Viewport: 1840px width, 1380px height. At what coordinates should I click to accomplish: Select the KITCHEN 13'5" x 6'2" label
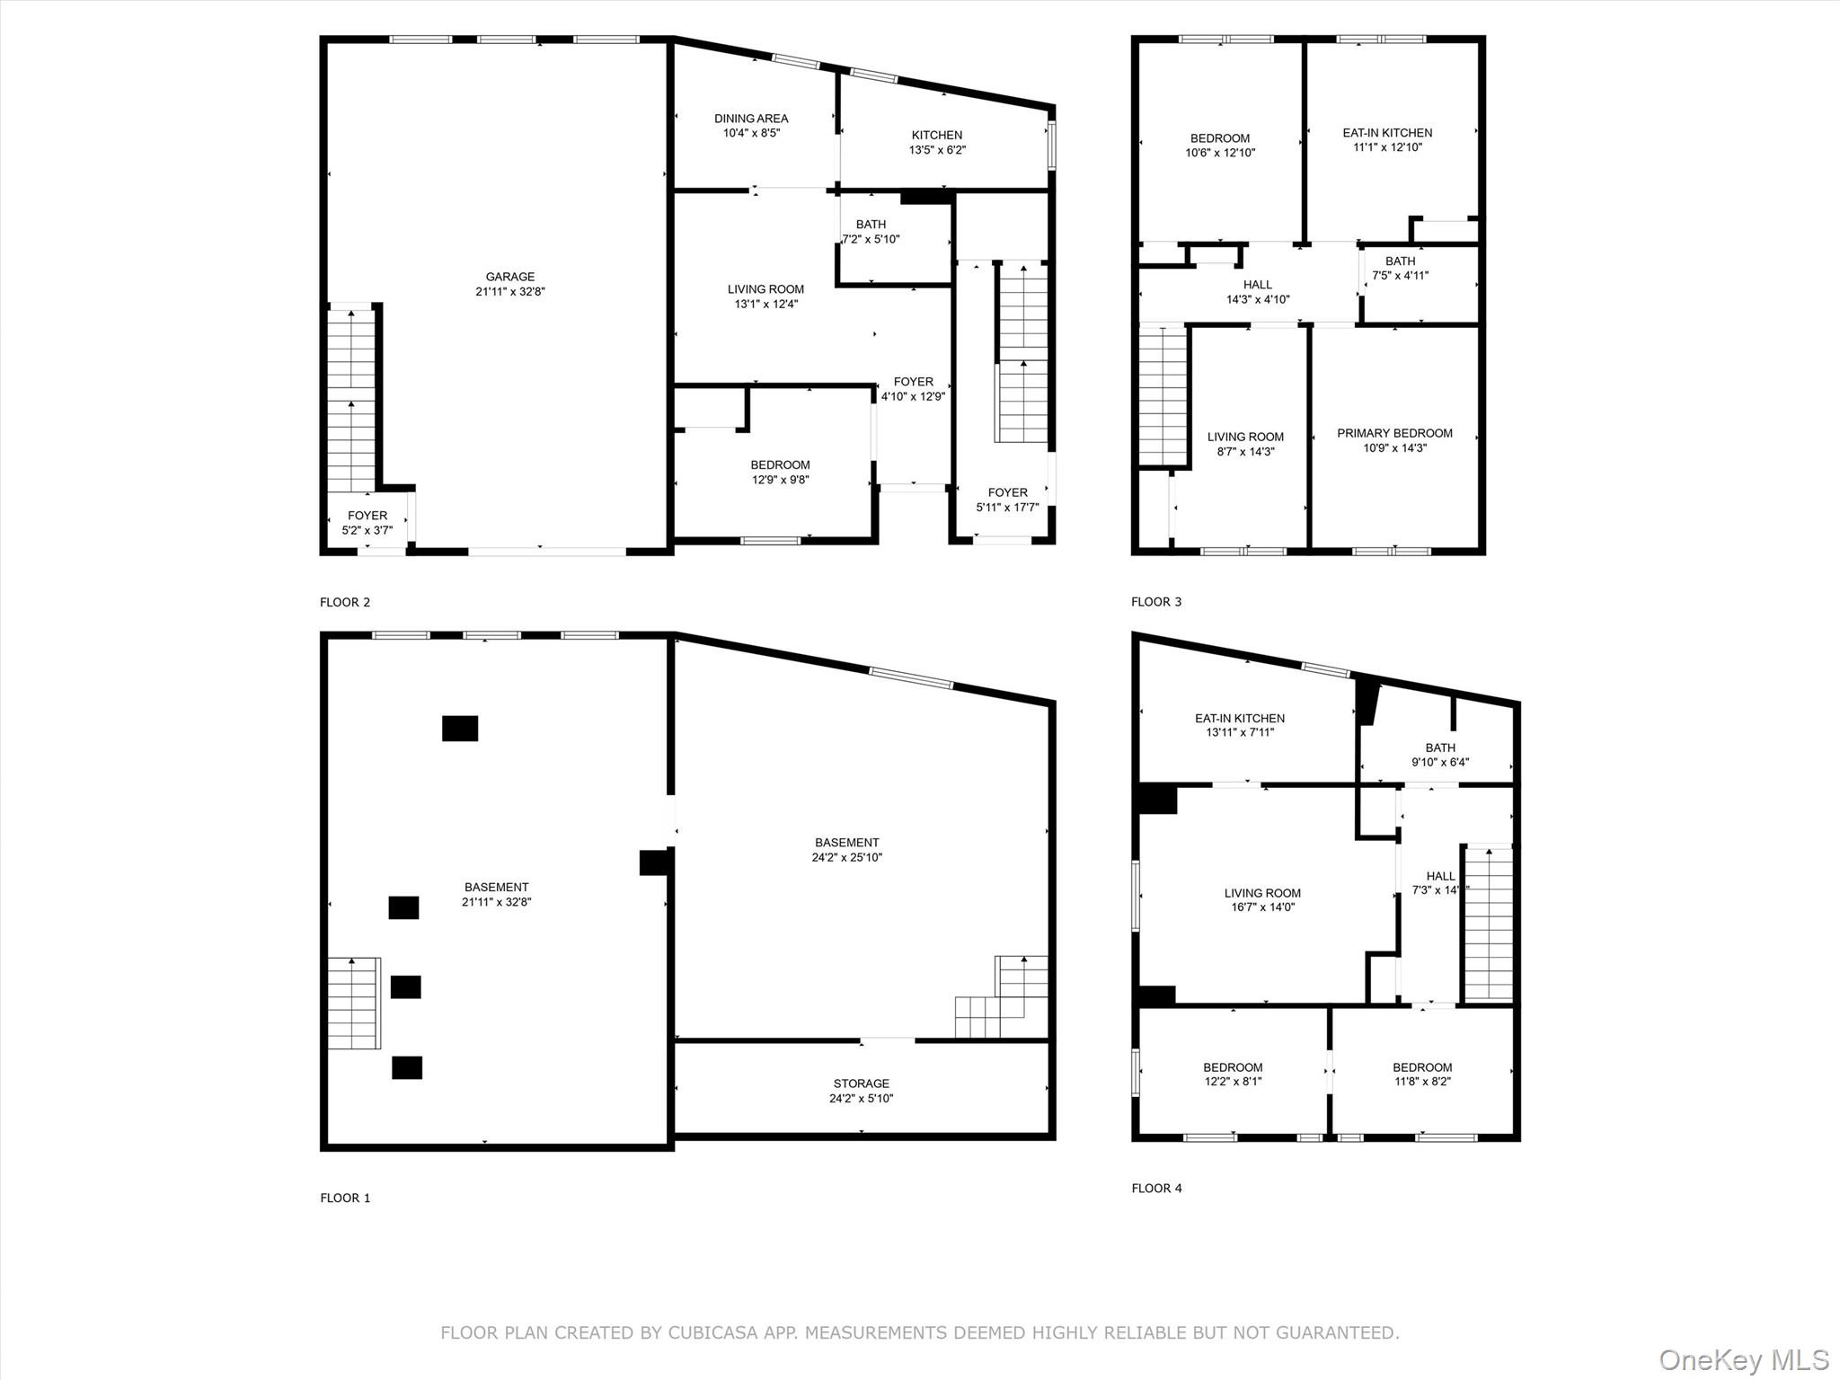tap(937, 142)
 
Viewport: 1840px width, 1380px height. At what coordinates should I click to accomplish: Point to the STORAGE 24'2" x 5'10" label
tap(861, 1091)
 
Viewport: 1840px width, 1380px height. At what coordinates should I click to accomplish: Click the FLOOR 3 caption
tap(1155, 602)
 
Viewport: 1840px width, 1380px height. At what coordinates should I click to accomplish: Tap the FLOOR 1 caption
tap(345, 1198)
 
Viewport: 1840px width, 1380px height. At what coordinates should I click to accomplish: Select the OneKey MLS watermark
tap(1743, 1359)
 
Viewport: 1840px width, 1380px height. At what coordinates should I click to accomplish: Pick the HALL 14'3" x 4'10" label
tap(1258, 292)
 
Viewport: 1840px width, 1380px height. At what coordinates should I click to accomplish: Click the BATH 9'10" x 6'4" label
tap(1440, 755)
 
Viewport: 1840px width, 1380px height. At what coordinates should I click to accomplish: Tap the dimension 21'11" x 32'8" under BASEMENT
tap(497, 902)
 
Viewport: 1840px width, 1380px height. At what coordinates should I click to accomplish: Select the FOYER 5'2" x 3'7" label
tap(367, 523)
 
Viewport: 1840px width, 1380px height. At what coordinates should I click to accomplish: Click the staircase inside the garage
tap(350, 400)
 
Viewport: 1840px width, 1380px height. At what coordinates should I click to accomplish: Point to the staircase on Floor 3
tap(1163, 395)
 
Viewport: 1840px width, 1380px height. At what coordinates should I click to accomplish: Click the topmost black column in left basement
tap(460, 728)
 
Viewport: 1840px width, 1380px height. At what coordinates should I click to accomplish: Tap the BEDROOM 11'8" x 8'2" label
tap(1422, 1075)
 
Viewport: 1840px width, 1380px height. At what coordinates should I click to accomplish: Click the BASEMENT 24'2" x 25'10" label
tap(847, 850)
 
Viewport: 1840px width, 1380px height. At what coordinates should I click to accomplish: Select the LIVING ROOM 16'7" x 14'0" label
tap(1262, 900)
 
